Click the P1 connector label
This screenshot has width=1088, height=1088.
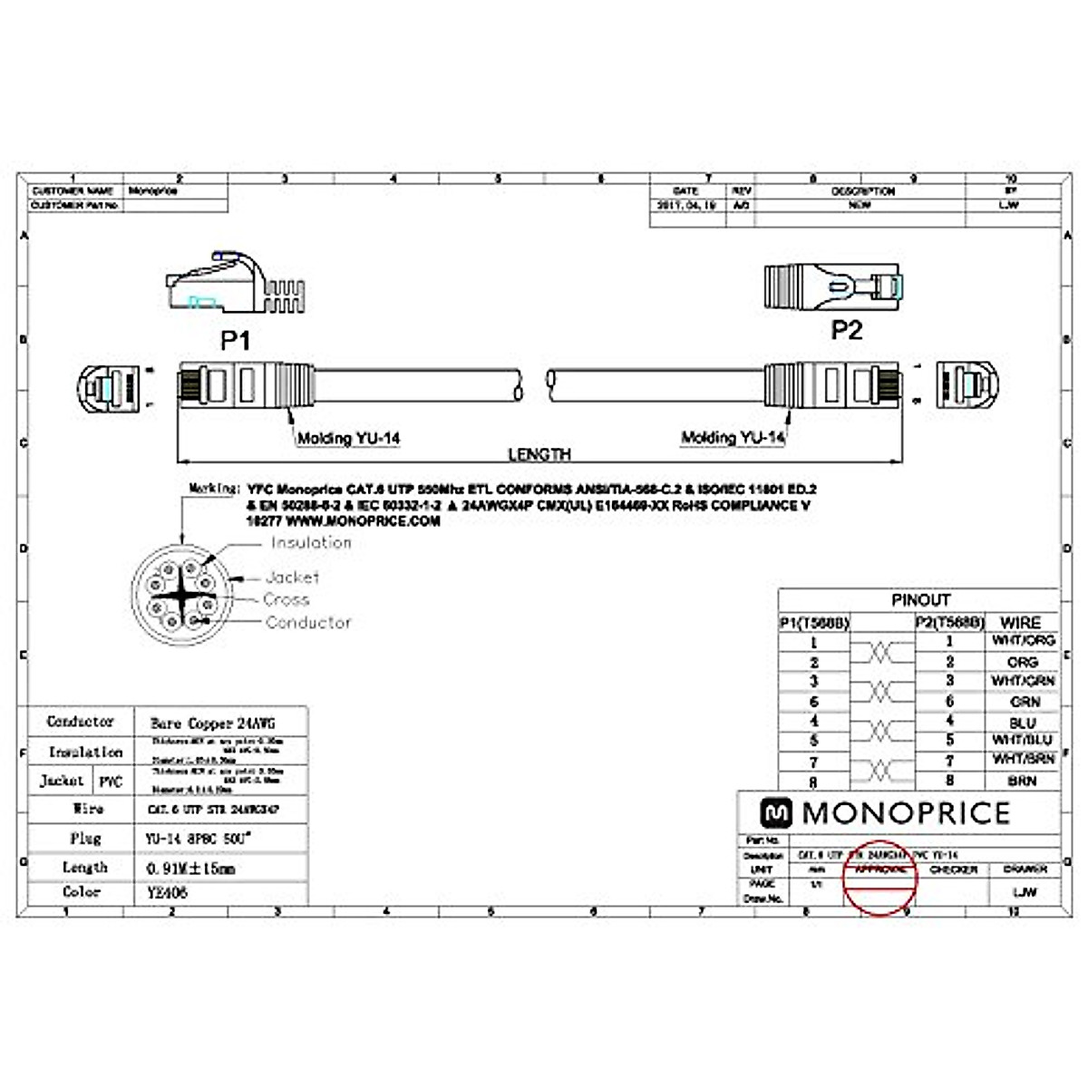[235, 340]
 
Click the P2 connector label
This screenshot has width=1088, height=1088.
[846, 330]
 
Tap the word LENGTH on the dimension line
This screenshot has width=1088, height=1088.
[539, 454]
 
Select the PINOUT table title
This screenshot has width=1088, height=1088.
[920, 600]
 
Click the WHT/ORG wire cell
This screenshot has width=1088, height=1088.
[1023, 640]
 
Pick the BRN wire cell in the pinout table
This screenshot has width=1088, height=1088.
[1022, 781]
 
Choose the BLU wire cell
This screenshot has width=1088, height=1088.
[1022, 723]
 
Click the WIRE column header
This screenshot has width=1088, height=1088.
[1020, 623]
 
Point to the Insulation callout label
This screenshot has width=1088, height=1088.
[311, 543]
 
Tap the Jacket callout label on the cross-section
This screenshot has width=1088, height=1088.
[292, 578]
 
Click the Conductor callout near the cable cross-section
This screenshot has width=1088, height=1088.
[308, 623]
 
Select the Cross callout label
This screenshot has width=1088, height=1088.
[287, 599]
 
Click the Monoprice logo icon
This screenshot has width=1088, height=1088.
[775, 813]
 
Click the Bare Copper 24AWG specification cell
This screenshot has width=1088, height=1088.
[212, 724]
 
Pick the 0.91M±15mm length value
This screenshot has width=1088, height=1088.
[190, 869]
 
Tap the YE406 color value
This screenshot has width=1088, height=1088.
[167, 892]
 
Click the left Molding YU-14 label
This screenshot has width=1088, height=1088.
[349, 439]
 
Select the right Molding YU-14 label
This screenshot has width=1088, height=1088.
[733, 438]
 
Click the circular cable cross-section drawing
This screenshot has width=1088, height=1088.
[181, 595]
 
